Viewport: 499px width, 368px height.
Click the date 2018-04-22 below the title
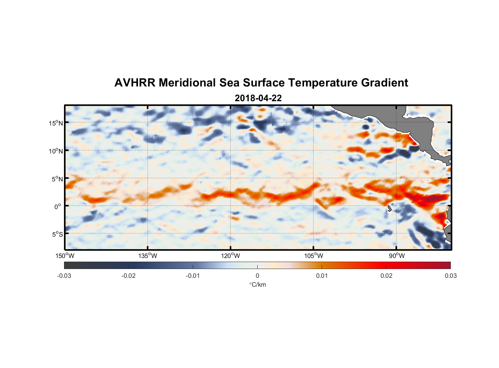point(258,98)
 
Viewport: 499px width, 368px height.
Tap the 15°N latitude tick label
point(56,123)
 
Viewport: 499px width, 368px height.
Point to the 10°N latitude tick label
point(56,151)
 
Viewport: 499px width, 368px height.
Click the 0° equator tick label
point(58,207)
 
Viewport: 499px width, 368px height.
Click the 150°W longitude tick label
point(65,256)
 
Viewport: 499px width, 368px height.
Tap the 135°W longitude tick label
point(148,256)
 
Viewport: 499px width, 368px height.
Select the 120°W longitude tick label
point(230,256)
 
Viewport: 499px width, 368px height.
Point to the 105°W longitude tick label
point(314,256)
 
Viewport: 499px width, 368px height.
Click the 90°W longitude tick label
point(397,256)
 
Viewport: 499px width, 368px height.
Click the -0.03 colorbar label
point(64,276)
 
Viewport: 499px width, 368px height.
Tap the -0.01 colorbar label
point(192,276)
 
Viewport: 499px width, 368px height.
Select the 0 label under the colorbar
point(257,276)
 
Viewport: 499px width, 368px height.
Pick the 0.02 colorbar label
point(386,276)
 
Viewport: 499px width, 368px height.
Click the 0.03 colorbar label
point(450,276)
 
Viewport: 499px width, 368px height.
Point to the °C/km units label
point(258,284)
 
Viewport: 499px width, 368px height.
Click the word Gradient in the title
point(385,83)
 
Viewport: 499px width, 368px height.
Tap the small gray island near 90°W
point(389,209)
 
